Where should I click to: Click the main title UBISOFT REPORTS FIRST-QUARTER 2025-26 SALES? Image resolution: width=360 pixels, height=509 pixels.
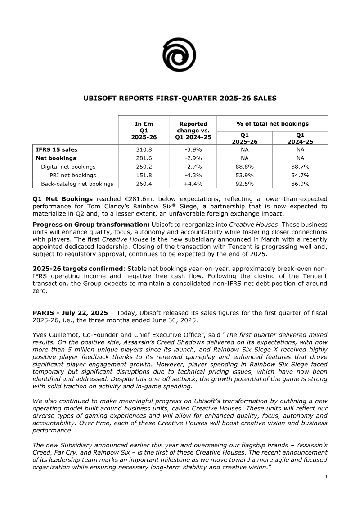180,98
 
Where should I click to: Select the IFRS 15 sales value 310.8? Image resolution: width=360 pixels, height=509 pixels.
143,150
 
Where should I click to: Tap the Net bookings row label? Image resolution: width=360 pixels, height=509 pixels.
56,158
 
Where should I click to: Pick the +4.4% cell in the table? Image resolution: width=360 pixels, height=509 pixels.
193,184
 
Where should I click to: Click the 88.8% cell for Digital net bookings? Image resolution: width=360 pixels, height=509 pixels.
244,167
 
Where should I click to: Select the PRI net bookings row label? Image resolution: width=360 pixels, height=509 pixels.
72,176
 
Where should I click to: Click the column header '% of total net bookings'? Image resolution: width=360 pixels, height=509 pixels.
272,124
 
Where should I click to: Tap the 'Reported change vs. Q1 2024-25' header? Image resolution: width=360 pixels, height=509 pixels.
193,131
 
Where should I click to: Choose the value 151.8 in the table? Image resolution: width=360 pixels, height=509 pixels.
143,176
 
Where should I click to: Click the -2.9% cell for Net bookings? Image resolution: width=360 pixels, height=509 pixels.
193,158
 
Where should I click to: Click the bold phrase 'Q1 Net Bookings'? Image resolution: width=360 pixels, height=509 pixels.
63,199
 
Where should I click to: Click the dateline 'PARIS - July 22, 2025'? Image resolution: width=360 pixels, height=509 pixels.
70,313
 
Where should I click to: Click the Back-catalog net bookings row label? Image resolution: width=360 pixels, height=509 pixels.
77,184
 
